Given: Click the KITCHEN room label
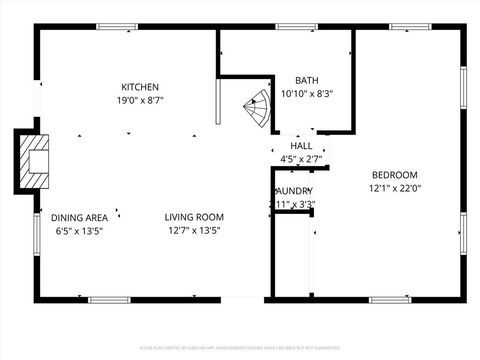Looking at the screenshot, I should click(140, 87).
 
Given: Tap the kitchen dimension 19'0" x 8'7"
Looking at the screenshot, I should click(140, 101).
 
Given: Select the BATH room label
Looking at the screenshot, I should click(306, 81).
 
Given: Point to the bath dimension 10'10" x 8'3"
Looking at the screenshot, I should click(306, 94).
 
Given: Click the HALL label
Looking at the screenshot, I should click(301, 145).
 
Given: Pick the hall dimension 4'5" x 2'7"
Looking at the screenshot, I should click(301, 158).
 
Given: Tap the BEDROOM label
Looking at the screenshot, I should click(395, 175).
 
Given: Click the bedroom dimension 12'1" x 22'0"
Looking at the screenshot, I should click(395, 189).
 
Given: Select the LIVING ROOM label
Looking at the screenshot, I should click(195, 217).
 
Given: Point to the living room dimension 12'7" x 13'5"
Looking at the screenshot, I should click(195, 231).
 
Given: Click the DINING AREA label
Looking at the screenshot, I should click(79, 217).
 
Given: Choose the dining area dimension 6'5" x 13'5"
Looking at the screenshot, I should click(79, 231).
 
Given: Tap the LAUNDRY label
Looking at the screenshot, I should click(294, 191).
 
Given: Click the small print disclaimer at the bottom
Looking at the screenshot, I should click(239, 349).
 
